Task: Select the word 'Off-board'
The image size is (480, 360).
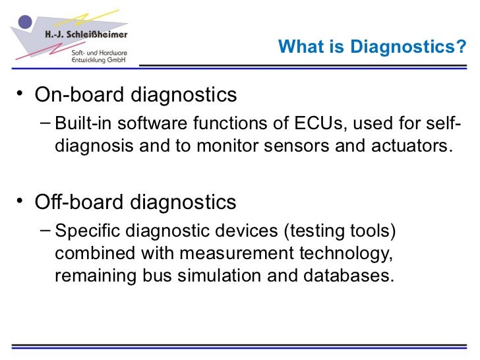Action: [76, 202]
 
